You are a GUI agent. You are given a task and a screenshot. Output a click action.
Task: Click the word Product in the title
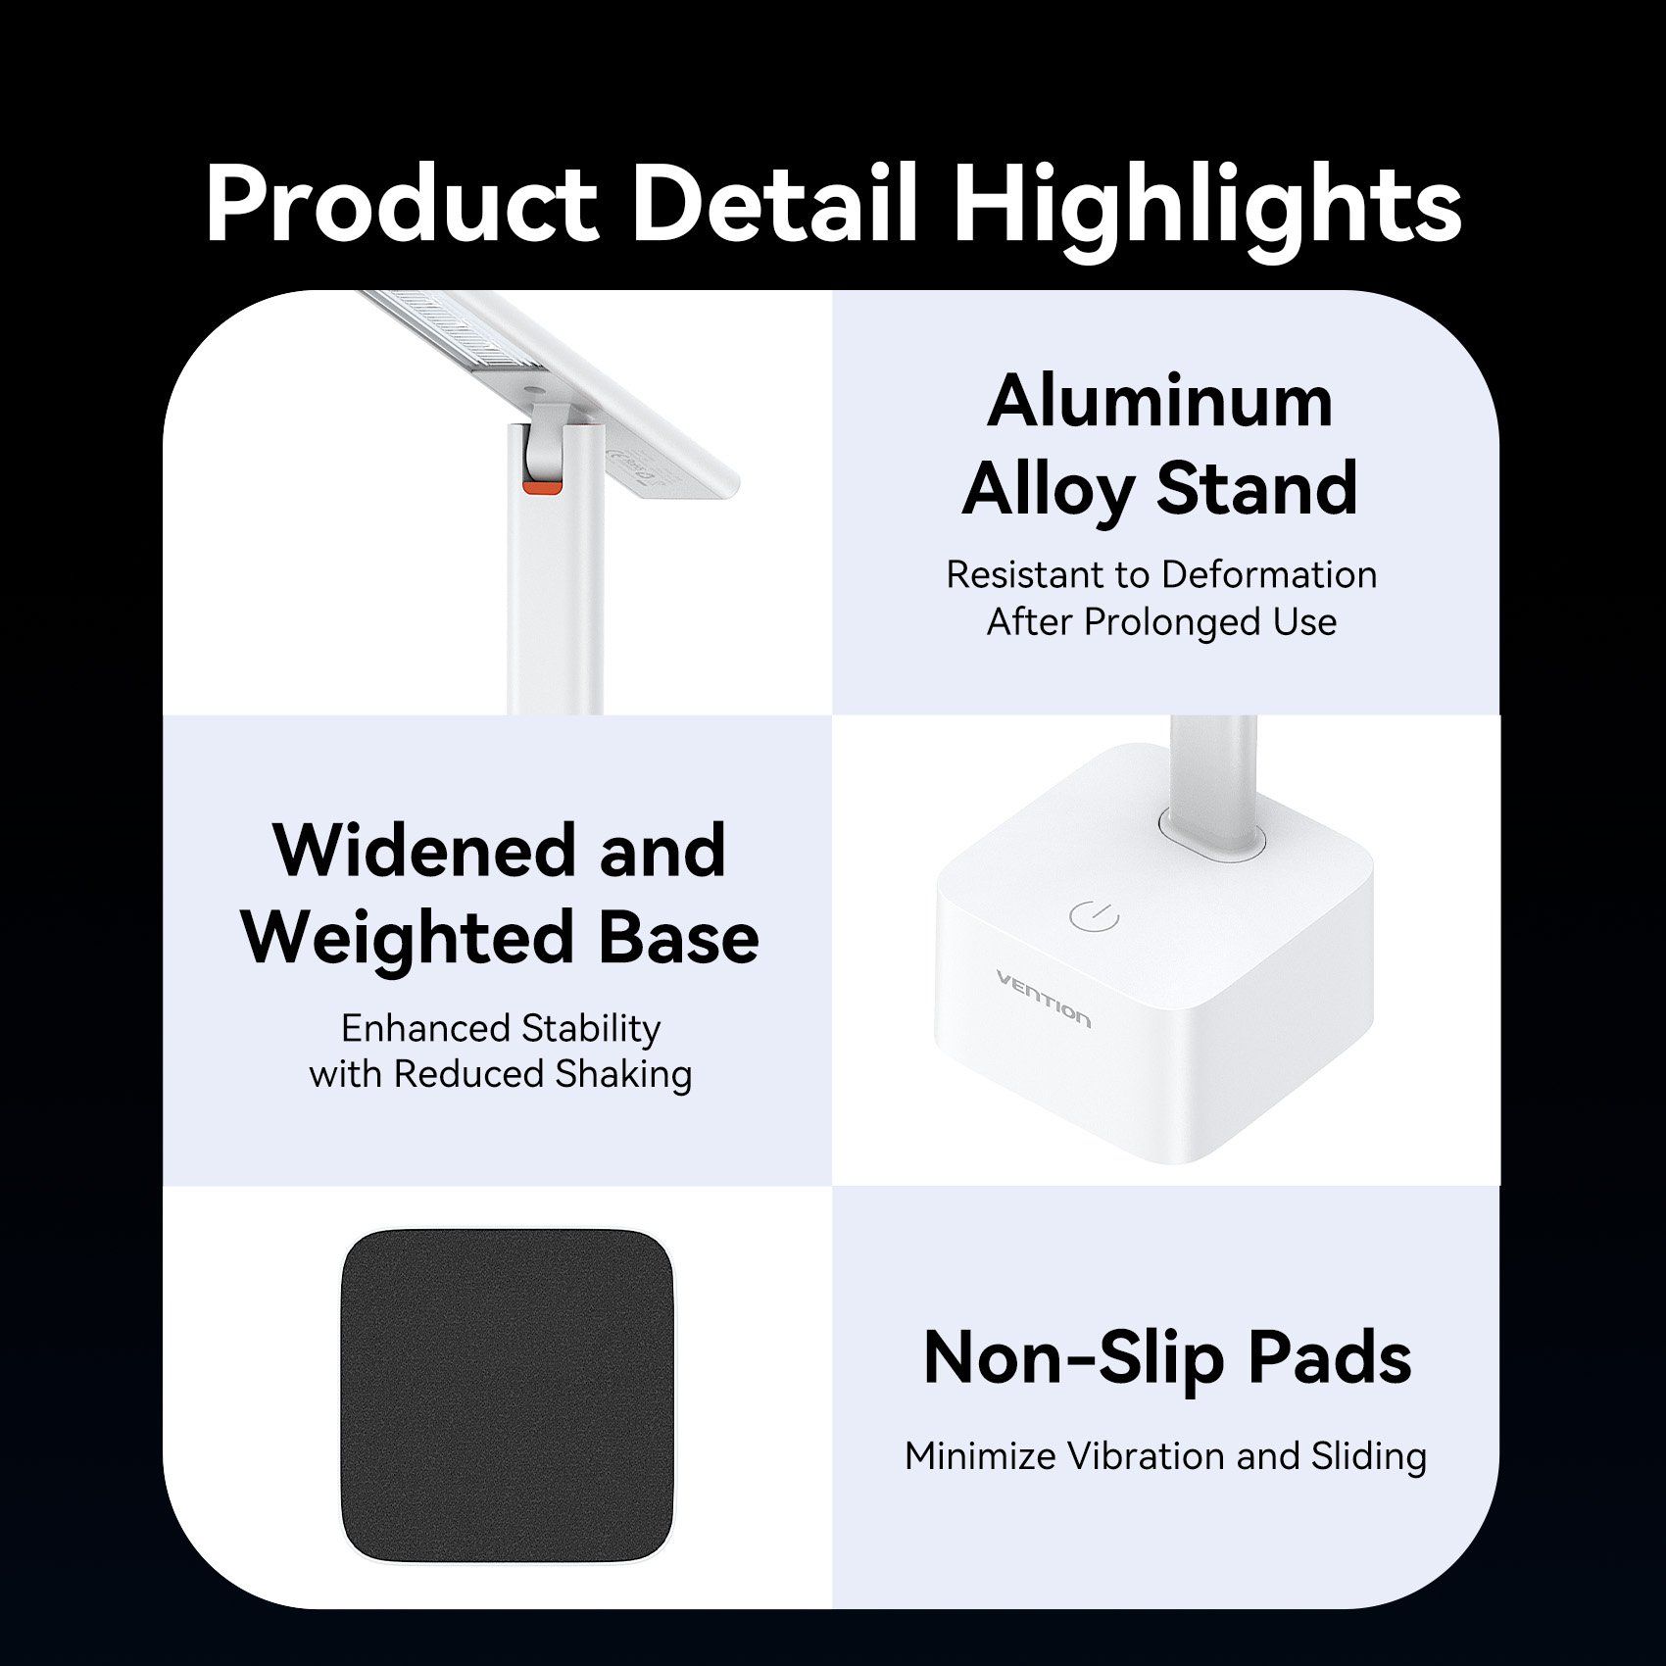[402, 203]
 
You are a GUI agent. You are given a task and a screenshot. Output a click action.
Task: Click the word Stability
[591, 1029]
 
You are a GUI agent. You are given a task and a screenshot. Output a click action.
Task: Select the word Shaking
[623, 1075]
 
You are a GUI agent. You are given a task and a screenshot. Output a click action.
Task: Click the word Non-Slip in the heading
[1074, 1358]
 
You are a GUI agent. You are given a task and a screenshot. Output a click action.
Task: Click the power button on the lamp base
[1094, 916]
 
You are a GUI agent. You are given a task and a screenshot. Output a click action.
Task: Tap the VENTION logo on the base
[1043, 999]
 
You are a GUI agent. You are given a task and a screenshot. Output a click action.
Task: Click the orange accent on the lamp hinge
[542, 487]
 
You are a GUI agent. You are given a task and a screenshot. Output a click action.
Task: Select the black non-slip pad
[507, 1396]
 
